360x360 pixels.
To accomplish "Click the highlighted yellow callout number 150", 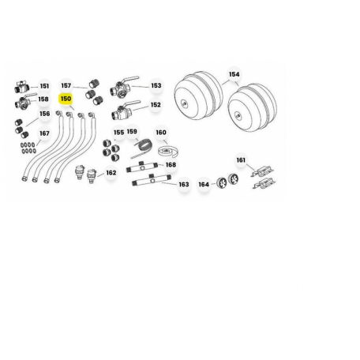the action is tap(66, 99).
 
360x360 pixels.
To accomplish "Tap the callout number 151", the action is tap(44, 86).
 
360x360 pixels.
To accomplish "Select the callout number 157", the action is tap(66, 85).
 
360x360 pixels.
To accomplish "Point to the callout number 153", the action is tap(156, 85).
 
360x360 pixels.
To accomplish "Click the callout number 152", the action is tap(156, 105).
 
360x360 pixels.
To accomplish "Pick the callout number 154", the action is tap(234, 74).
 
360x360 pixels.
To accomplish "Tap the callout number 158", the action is tap(43, 99).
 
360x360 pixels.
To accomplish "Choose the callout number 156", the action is tap(44, 114).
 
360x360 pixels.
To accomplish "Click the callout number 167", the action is tap(44, 133).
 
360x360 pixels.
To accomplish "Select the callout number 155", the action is tap(118, 133).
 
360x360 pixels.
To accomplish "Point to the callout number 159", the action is tap(132, 131).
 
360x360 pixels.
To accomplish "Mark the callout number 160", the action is tap(161, 133).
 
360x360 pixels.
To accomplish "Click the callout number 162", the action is tap(111, 173).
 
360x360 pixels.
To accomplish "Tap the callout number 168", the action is tap(171, 165).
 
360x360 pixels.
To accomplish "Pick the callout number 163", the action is tap(184, 184).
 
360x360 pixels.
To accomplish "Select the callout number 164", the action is tap(204, 185).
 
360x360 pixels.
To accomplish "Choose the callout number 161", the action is tap(241, 160).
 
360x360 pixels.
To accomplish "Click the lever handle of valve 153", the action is tap(131, 79).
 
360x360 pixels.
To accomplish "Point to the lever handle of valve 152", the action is tap(133, 103).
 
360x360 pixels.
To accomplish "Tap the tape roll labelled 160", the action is tap(168, 152).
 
